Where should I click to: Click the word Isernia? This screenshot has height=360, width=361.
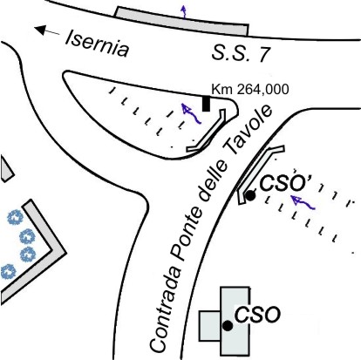(x=97, y=44)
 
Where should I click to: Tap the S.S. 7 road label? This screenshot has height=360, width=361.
(x=241, y=53)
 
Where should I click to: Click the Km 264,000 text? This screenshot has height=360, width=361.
(x=250, y=89)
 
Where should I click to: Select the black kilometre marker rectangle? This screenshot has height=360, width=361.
(x=206, y=104)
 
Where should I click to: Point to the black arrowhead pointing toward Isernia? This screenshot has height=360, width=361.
(x=40, y=30)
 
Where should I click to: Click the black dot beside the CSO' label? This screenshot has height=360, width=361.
(x=250, y=195)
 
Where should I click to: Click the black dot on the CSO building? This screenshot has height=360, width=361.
(x=228, y=326)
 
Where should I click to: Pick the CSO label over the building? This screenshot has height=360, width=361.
(x=257, y=315)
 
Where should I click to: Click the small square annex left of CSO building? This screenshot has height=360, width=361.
(x=209, y=326)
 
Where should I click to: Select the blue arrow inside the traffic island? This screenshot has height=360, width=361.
(x=190, y=114)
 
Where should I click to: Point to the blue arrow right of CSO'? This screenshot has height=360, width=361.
(x=303, y=202)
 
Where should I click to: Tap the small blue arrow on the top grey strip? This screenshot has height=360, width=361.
(x=183, y=11)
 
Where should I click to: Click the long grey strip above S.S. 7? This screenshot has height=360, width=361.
(x=182, y=20)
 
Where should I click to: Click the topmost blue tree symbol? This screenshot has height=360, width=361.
(x=15, y=217)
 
